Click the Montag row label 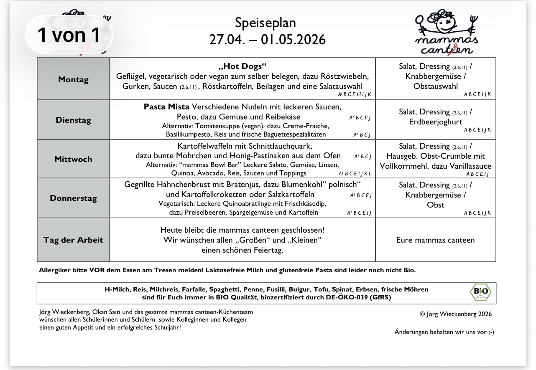tap(73, 79)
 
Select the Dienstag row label tap(73, 120)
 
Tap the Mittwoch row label tap(73, 159)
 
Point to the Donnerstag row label tap(73, 198)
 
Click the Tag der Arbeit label tap(73, 240)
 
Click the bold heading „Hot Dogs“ tap(242, 66)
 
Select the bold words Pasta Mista tap(166, 106)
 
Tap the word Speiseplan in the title tap(265, 23)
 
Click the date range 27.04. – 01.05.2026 tap(267, 39)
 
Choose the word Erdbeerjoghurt tap(436, 122)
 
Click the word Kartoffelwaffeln tap(207, 146)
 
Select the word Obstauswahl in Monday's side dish tap(436, 86)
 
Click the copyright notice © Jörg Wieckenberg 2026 tap(456, 314)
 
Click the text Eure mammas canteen tap(436, 240)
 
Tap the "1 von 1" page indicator tap(69, 35)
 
